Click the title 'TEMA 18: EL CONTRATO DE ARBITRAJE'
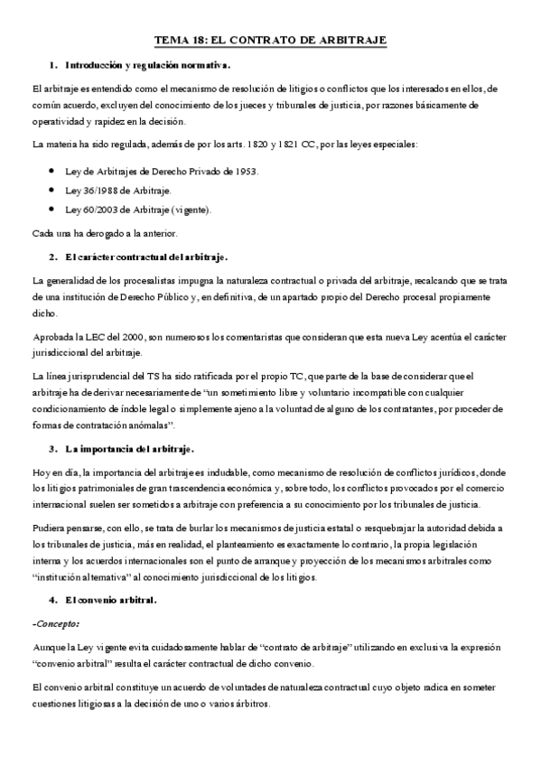tap(270, 41)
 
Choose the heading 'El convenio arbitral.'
tap(112, 600)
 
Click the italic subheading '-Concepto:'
tap(54, 623)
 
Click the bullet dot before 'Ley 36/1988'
tap(55, 191)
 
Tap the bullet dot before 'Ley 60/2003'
tap(55, 210)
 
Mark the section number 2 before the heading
tap(53, 257)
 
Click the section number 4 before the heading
tap(53, 600)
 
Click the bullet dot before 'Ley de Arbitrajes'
tap(55, 172)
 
